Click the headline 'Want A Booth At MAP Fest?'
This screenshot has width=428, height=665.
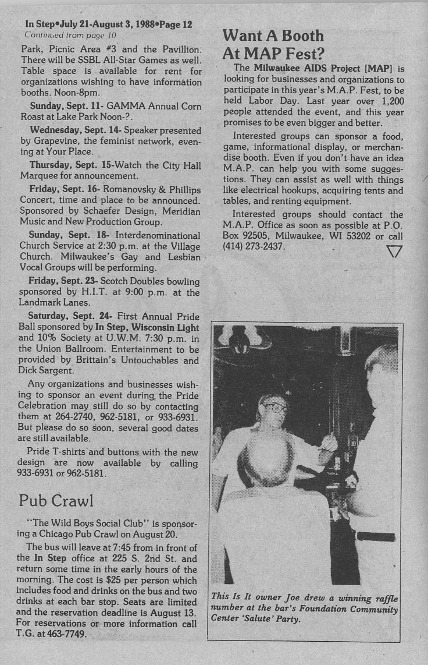point(273,45)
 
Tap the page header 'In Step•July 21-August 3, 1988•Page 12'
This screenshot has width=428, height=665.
point(109,24)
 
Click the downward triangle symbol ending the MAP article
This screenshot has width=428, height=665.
point(394,250)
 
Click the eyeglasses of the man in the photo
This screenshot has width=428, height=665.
point(274,408)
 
